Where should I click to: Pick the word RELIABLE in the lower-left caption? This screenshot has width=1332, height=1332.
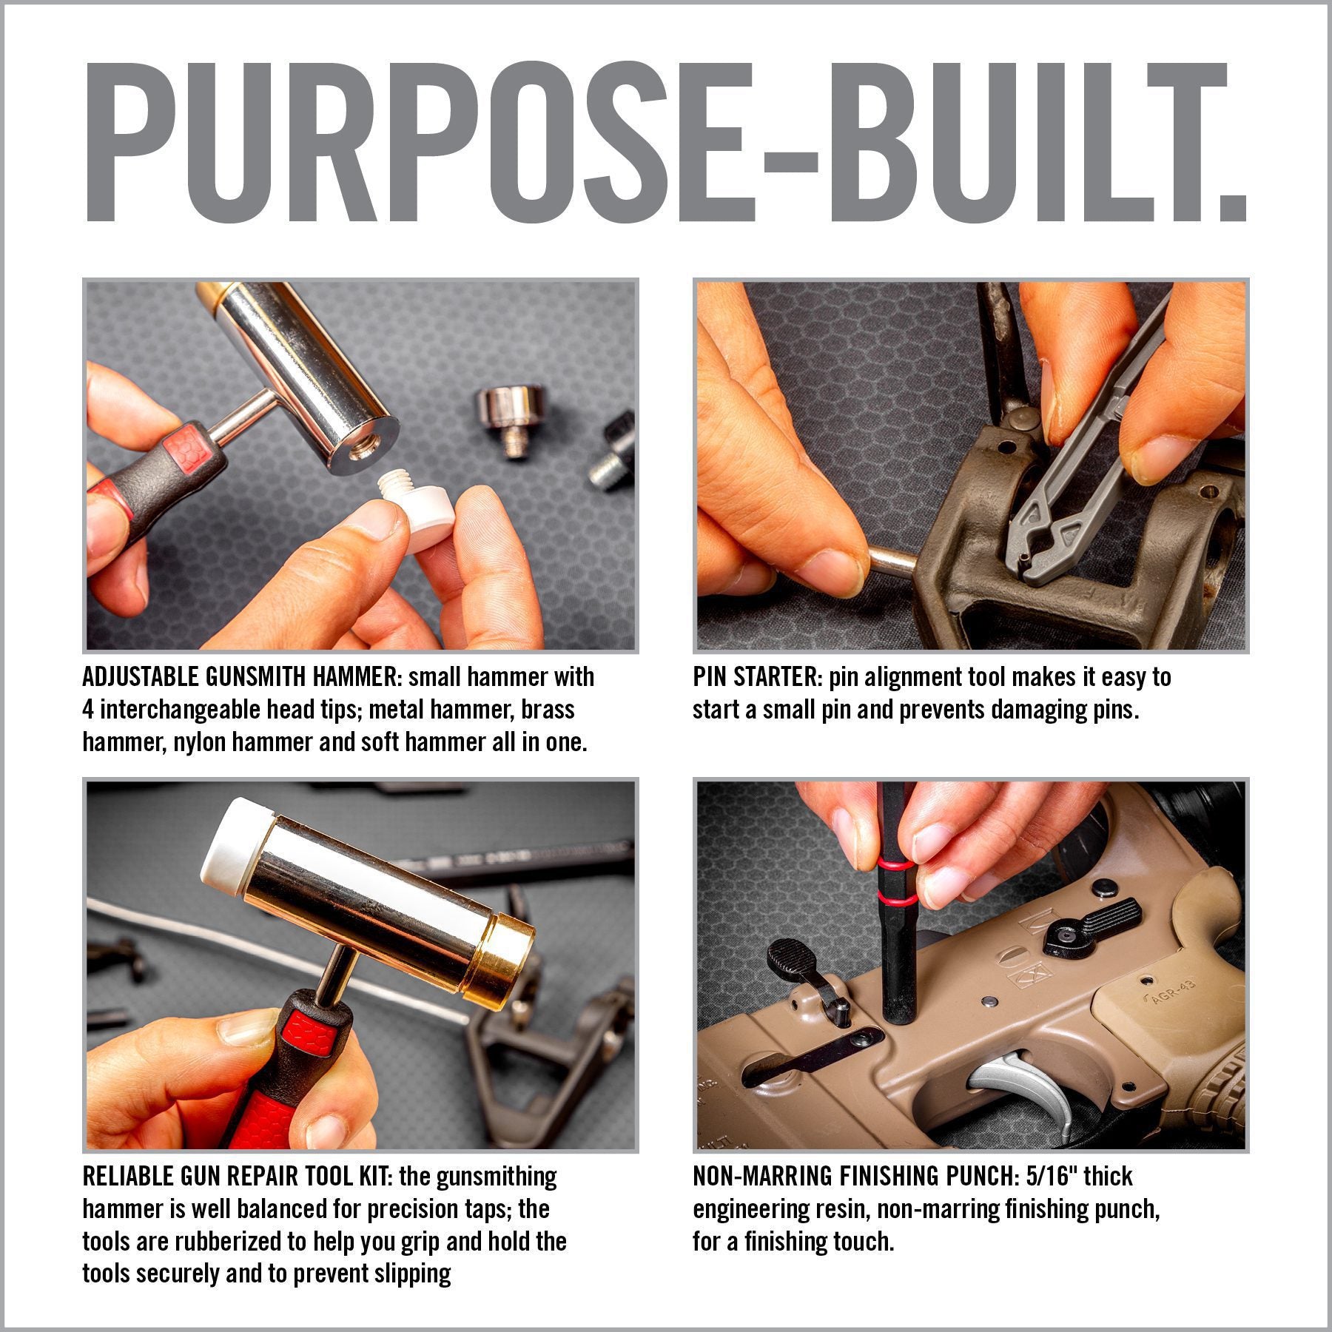coord(129,1176)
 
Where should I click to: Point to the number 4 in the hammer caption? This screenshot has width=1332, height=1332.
coord(88,710)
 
